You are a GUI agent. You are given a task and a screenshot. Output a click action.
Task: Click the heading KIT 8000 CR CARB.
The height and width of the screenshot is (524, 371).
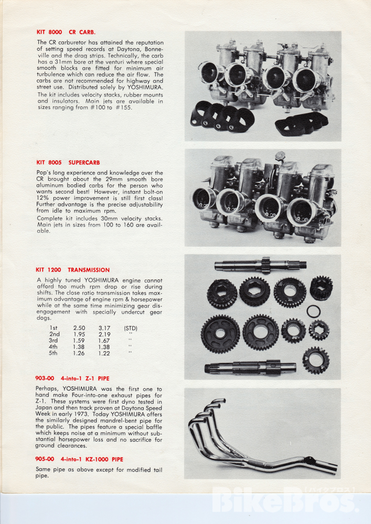coord(66,31)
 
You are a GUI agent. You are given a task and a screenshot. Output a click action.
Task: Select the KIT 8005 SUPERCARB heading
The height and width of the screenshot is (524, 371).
coord(68,162)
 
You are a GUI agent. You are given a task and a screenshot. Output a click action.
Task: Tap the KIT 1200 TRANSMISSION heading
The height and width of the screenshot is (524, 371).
coord(72,270)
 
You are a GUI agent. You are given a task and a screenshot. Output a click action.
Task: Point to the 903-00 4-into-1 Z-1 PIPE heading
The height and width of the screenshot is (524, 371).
coord(72,378)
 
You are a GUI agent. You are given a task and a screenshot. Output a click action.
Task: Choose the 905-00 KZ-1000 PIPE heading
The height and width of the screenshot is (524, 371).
coord(79,459)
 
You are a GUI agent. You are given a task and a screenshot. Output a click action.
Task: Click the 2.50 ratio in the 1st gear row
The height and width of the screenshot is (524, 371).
coord(79,327)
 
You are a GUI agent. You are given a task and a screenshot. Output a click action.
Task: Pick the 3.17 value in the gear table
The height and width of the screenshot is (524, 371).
coord(104,327)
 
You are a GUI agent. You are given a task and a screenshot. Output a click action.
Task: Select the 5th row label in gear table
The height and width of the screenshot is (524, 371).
coord(54,353)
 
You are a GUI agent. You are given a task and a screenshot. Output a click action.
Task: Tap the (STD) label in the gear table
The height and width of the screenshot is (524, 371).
coord(130,327)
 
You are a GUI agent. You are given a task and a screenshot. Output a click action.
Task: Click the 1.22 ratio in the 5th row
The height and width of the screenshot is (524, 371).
coord(104,353)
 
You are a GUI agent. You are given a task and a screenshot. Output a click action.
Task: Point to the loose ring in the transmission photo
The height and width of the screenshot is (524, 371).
coord(313,311)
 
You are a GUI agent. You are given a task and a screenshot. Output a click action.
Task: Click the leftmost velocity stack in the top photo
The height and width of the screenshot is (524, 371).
coord(209,73)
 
